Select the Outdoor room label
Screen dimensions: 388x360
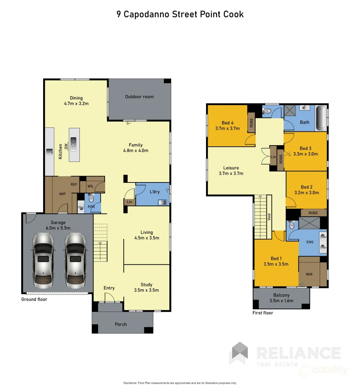[x=139, y=97]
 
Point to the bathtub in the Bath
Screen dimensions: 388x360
[x=321, y=118]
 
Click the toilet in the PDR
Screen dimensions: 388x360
[x=91, y=198]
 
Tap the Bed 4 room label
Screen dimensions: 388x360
[x=227, y=125]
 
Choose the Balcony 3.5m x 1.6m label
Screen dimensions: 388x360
[x=281, y=298]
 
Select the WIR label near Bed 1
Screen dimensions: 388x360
[x=309, y=274]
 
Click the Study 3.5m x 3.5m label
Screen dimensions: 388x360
[x=146, y=287]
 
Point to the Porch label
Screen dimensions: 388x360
[x=121, y=324]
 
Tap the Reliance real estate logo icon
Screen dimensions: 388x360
[x=239, y=353]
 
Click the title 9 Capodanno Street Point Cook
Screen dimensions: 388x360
[x=180, y=14]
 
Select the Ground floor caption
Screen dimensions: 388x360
[x=34, y=299]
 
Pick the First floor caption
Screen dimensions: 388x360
[x=263, y=313]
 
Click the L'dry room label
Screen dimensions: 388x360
[x=154, y=192]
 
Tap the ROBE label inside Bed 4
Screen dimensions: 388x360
[x=251, y=123]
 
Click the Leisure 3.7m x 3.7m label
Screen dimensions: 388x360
[x=231, y=171]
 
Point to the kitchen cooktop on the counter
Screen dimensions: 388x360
[x=49, y=152]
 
